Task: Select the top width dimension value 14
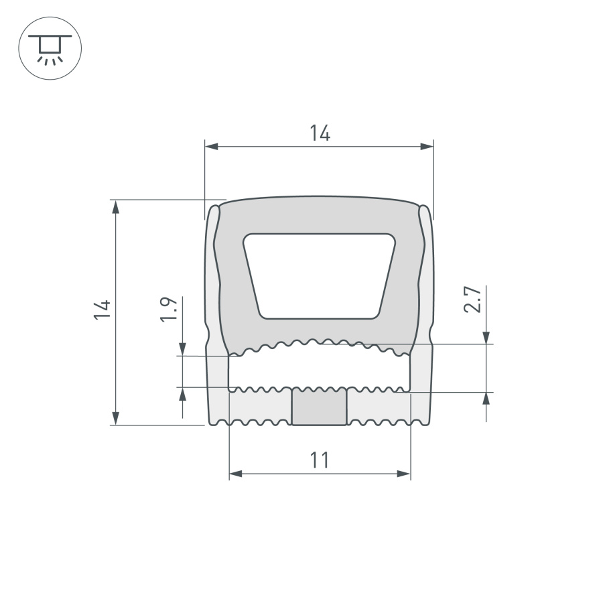(x=320, y=133)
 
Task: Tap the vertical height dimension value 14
(x=102, y=309)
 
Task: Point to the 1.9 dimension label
(x=169, y=310)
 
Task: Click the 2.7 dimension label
(x=472, y=299)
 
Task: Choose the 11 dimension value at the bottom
(x=320, y=461)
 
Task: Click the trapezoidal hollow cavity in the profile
(x=319, y=275)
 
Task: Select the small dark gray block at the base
(x=320, y=407)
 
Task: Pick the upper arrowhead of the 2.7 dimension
(x=486, y=337)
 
